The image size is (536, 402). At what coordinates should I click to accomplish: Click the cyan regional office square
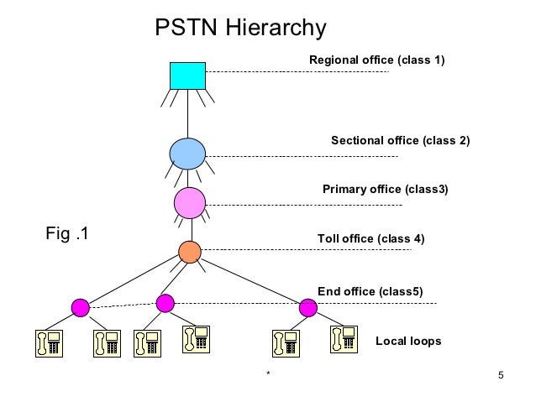(x=187, y=75)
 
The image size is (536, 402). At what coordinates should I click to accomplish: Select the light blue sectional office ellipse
(x=187, y=154)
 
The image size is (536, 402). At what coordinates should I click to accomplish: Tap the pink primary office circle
(x=191, y=202)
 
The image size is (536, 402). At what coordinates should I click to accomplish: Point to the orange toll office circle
(x=191, y=251)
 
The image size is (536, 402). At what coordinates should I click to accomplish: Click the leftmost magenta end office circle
(x=81, y=307)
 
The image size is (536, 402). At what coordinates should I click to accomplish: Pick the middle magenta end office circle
(x=166, y=303)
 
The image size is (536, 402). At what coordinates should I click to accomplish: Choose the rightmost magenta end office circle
(x=308, y=308)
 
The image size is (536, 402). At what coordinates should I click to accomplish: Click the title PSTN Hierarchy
(x=240, y=29)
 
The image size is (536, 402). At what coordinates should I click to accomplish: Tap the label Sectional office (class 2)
(x=400, y=140)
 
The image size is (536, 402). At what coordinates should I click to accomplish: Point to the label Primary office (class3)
(x=386, y=189)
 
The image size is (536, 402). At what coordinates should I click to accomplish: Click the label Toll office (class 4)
(x=370, y=238)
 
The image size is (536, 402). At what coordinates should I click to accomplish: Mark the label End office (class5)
(x=370, y=291)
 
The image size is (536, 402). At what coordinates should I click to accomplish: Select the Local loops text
(x=407, y=341)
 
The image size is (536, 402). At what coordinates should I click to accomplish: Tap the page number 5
(x=501, y=373)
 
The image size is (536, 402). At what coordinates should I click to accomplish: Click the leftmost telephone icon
(x=47, y=343)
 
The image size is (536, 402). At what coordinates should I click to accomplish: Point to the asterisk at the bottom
(x=267, y=374)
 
